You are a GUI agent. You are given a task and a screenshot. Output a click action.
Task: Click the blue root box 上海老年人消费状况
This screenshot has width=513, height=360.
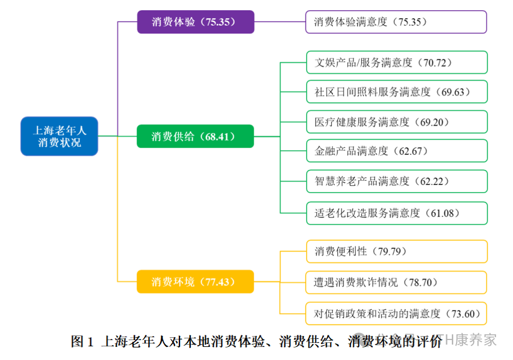point(59,136)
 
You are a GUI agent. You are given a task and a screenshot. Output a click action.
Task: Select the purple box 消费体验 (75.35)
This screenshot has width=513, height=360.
point(196,22)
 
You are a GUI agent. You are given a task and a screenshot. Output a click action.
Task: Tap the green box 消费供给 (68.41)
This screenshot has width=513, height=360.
point(195,136)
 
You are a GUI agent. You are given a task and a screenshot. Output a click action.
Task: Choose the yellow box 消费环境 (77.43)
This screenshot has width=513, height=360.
point(195,282)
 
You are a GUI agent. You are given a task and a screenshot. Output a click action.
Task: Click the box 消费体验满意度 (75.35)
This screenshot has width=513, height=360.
point(396,22)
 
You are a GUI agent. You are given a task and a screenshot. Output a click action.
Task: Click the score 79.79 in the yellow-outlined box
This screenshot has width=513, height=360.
point(393,251)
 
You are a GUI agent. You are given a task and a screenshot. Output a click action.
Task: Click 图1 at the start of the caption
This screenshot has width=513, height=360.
point(82,342)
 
